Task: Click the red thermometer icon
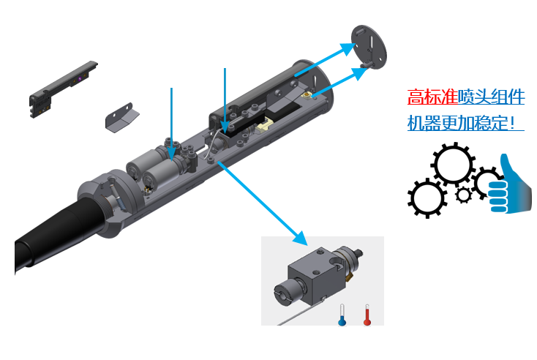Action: [367, 315]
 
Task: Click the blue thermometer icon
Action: [342, 315]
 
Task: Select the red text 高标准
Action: [432, 97]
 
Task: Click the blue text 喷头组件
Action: [491, 97]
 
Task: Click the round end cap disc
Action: [369, 47]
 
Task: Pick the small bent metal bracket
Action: [121, 118]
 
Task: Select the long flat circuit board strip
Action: [63, 89]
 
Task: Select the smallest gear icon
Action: [464, 195]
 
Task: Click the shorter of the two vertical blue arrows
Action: [172, 124]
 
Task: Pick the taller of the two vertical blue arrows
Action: [225, 100]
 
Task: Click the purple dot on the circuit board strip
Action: [80, 79]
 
